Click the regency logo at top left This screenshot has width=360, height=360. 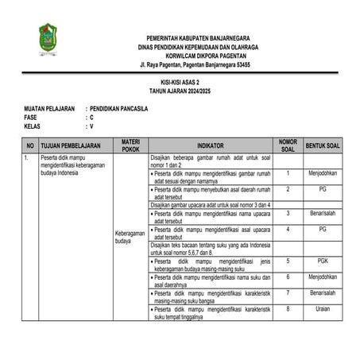pos(48,39)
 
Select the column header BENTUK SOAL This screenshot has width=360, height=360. pos(323,145)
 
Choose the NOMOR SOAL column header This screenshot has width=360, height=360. pos(287,145)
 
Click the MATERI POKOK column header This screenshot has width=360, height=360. pos(131,145)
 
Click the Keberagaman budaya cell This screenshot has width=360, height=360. pos(131,237)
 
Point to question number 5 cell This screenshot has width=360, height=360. pos(287,260)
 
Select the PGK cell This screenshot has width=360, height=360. pos(323,260)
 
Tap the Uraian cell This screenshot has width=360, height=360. pos(323,309)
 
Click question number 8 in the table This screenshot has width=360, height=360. pos(287,309)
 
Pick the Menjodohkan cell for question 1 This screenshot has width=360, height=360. pos(323,172)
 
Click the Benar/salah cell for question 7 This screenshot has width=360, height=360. pos(323,292)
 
